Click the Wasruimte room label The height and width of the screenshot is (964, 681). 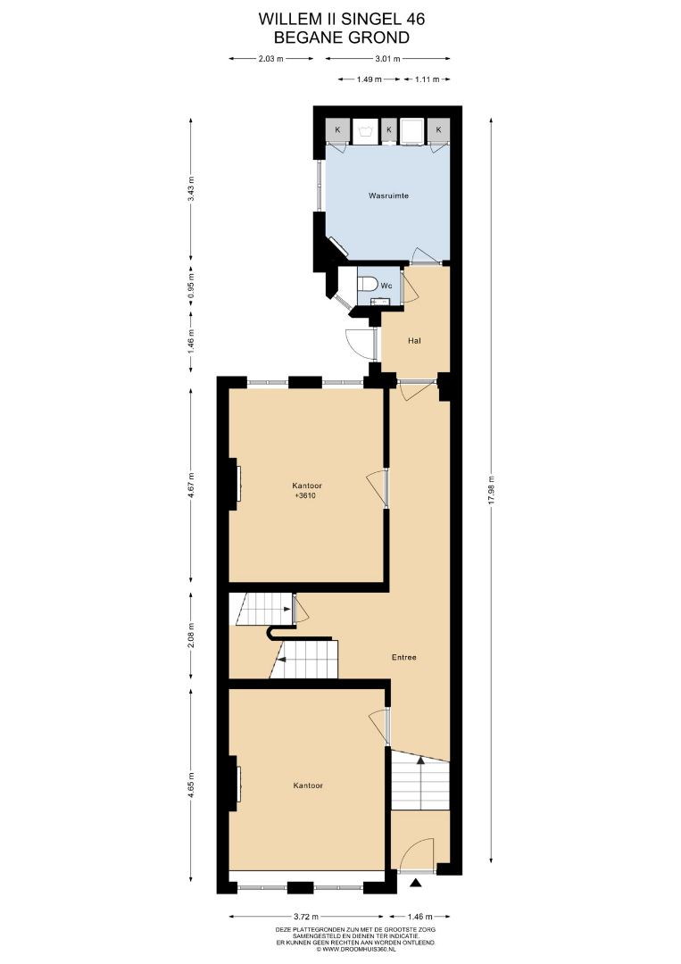pyautogui.click(x=388, y=195)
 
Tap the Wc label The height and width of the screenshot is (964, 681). pyautogui.click(x=386, y=286)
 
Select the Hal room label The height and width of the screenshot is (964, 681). pyautogui.click(x=414, y=341)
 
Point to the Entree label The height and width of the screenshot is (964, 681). pyautogui.click(x=403, y=657)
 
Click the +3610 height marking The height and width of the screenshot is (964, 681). pyautogui.click(x=305, y=495)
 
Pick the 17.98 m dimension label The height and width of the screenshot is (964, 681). pyautogui.click(x=491, y=490)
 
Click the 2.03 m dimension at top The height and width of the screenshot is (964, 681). pyautogui.click(x=271, y=59)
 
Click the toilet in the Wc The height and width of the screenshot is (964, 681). pyautogui.click(x=367, y=285)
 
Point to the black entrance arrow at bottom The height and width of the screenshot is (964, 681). pyautogui.click(x=416, y=884)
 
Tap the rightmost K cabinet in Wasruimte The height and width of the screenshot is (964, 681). pyautogui.click(x=439, y=129)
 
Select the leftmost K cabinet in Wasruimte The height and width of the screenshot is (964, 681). pyautogui.click(x=337, y=129)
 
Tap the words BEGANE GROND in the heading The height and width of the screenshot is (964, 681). pyautogui.click(x=342, y=37)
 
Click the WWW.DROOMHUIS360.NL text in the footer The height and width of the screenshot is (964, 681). pyautogui.click(x=359, y=949)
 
